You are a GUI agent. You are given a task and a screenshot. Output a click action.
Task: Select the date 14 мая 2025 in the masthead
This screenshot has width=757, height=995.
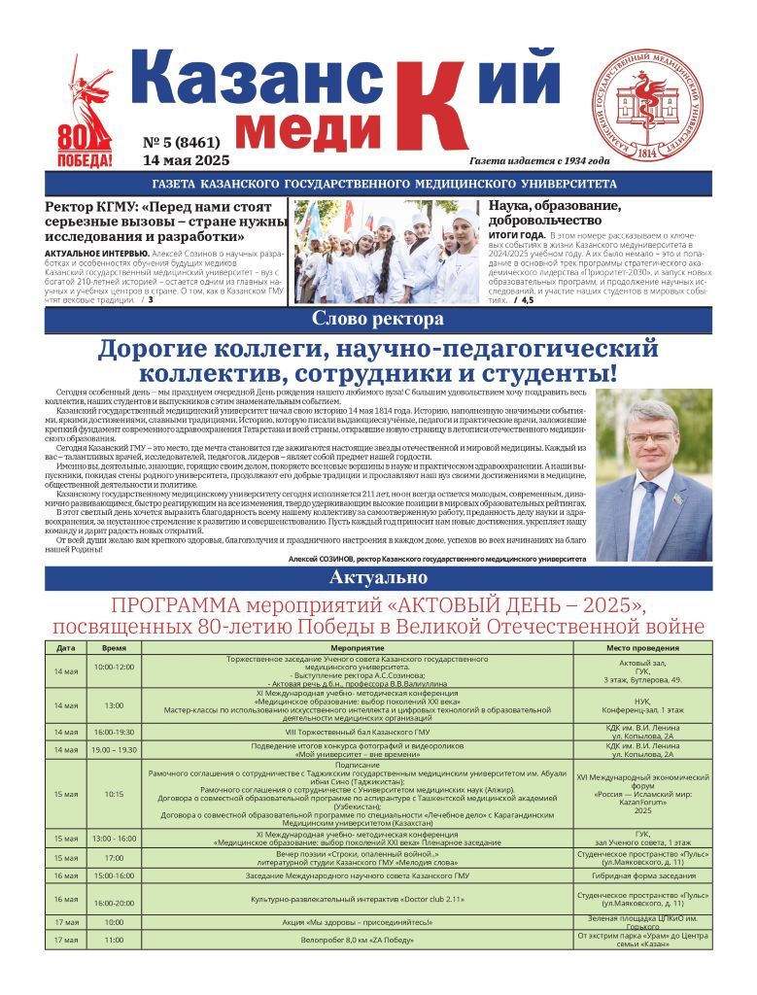coord(186,160)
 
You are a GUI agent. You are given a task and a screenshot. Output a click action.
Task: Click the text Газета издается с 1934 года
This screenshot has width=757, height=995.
coord(538,161)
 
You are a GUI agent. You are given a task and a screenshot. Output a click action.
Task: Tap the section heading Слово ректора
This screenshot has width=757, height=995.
coord(378,320)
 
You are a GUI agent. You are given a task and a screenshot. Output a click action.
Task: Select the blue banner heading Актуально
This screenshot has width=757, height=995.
coord(378,578)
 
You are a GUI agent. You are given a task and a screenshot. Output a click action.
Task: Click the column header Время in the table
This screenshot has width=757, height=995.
coord(114,647)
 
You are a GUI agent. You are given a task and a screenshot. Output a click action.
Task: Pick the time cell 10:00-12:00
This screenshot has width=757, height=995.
coord(114,668)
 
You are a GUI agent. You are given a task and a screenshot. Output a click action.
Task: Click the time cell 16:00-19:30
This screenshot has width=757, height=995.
coord(114,732)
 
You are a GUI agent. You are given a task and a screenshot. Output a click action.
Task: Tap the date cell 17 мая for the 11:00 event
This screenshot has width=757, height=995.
coord(66,940)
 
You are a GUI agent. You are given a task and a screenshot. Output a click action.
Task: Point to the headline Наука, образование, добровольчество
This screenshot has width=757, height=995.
coord(553,213)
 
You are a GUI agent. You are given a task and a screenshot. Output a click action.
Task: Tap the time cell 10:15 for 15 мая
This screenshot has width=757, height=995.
coord(114,794)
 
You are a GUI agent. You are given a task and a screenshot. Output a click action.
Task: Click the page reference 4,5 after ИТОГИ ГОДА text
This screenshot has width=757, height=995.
coord(525,300)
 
